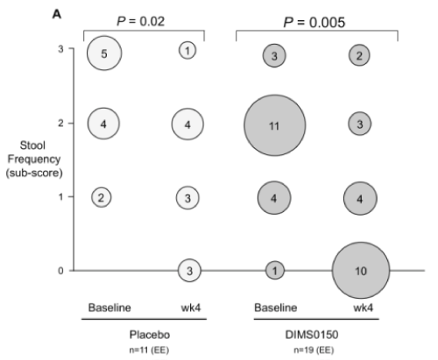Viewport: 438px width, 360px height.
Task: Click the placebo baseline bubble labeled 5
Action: coord(104,53)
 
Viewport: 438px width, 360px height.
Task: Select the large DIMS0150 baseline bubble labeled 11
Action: coord(275,125)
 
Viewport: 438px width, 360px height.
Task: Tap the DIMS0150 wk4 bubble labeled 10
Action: coord(361,271)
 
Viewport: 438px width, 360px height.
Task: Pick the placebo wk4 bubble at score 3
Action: coord(187,51)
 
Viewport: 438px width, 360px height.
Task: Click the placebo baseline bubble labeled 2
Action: coord(102,197)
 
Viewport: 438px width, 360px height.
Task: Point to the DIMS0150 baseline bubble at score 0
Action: coord(275,271)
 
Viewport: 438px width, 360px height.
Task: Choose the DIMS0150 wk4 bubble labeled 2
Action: coord(359,55)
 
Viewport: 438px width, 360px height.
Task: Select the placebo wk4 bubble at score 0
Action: coord(189,271)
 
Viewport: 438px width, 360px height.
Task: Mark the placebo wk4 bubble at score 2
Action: coord(187,124)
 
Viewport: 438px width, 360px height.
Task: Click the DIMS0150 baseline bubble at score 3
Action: coord(274,55)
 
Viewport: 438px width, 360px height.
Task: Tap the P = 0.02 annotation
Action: coord(141,21)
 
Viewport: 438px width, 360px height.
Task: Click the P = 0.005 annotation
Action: coord(314,22)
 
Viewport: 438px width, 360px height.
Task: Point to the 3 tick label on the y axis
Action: coord(60,49)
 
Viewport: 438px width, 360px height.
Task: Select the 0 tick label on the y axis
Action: coord(60,271)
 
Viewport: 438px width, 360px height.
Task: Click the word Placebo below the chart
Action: coord(150,335)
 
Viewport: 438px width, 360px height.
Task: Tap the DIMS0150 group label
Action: coord(312,335)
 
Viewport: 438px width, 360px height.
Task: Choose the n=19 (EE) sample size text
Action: coord(314,349)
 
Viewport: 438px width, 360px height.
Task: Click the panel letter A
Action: coord(57,14)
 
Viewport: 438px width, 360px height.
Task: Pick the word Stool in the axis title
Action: coord(32,145)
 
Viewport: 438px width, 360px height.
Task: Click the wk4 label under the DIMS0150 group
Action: coord(363,307)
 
